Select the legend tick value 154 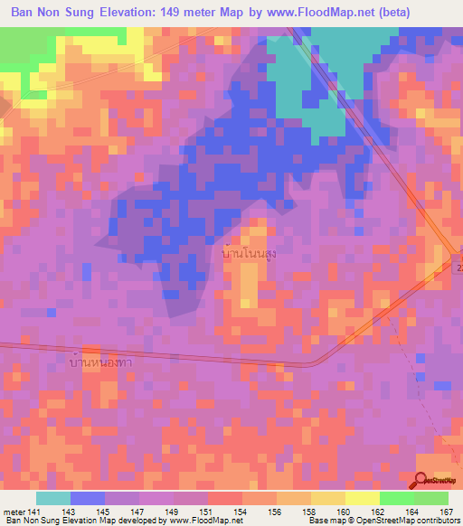coord(241,512)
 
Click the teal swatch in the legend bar coord(53,498)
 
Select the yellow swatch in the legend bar coord(362,498)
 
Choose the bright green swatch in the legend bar coord(396,498)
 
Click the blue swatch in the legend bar coord(88,498)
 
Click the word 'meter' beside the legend coord(13,512)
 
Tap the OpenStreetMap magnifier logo coord(421,480)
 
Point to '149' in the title coord(167,13)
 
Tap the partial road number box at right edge coord(458,268)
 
